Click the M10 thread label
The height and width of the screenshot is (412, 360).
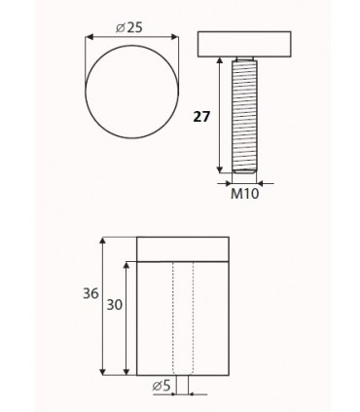point(244,195)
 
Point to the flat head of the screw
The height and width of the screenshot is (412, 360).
point(244,45)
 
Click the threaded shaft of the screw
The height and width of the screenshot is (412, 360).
point(244,112)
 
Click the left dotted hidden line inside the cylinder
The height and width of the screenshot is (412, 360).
point(172,317)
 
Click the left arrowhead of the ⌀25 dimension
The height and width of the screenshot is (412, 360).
point(88,37)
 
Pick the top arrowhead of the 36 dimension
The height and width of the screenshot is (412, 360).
point(104,242)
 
